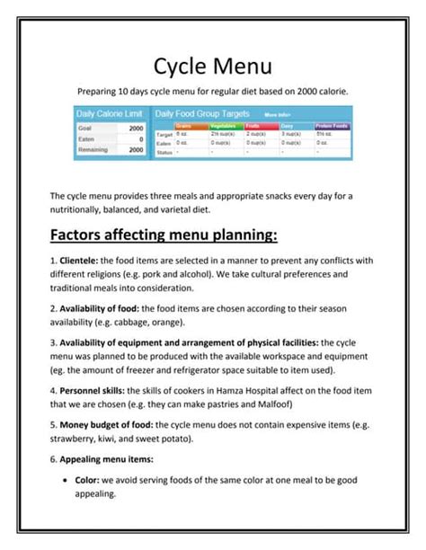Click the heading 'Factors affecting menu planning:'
(164, 235)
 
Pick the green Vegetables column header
(224, 126)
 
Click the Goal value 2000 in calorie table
(136, 129)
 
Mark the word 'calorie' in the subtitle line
(327, 92)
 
